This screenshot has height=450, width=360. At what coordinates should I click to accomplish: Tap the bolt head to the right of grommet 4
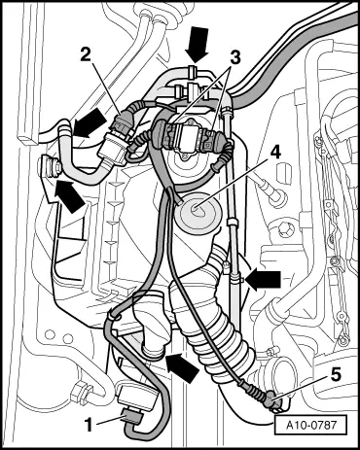(x=275, y=195)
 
